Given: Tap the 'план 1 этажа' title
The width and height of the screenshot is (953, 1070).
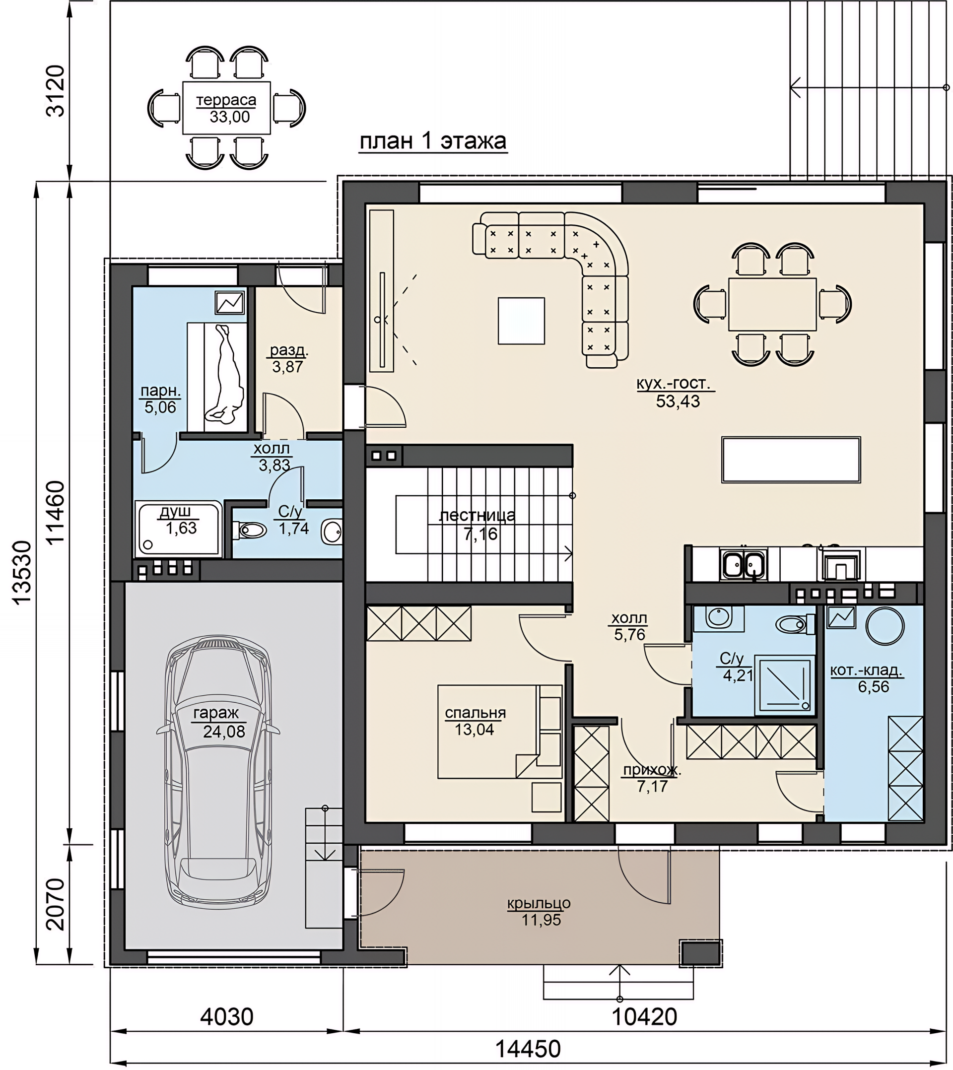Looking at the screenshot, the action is (433, 141).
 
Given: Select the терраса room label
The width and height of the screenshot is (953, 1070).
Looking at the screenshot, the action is (226, 99).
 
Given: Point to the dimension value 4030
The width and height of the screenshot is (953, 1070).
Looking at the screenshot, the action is (227, 1016).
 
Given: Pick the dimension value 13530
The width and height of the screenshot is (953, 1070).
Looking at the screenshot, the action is (23, 573).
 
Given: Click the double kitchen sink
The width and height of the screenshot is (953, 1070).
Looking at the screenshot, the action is (744, 564).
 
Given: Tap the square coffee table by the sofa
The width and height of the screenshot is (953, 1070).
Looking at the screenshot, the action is (521, 321).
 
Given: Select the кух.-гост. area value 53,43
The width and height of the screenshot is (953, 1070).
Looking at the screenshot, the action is (678, 401).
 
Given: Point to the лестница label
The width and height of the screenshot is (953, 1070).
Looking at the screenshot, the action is (477, 516).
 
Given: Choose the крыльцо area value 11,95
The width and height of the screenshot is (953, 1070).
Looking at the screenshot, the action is (541, 920).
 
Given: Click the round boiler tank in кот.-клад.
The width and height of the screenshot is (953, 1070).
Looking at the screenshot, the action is (885, 625).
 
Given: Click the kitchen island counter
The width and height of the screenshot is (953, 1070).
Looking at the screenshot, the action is (791, 460).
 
